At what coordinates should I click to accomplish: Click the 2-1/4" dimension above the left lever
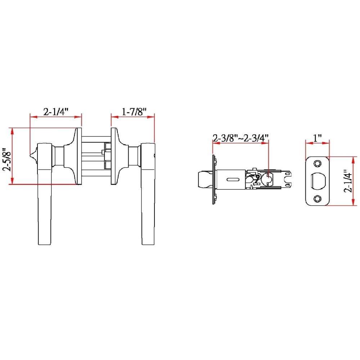coord(56,112)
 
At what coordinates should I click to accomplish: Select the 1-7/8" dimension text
coord(132,112)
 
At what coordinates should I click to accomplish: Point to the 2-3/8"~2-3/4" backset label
coord(240,138)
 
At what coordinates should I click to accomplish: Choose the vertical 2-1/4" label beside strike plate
coord(347,181)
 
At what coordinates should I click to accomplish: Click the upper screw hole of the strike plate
coord(317,163)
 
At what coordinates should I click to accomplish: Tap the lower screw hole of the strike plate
coord(317,198)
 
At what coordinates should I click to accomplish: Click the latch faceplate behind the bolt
coord(214,179)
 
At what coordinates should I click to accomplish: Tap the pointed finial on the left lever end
coord(32,155)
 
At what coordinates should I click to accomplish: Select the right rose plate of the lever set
coord(115,156)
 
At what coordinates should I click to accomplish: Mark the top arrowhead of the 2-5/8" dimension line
coord(13,130)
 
